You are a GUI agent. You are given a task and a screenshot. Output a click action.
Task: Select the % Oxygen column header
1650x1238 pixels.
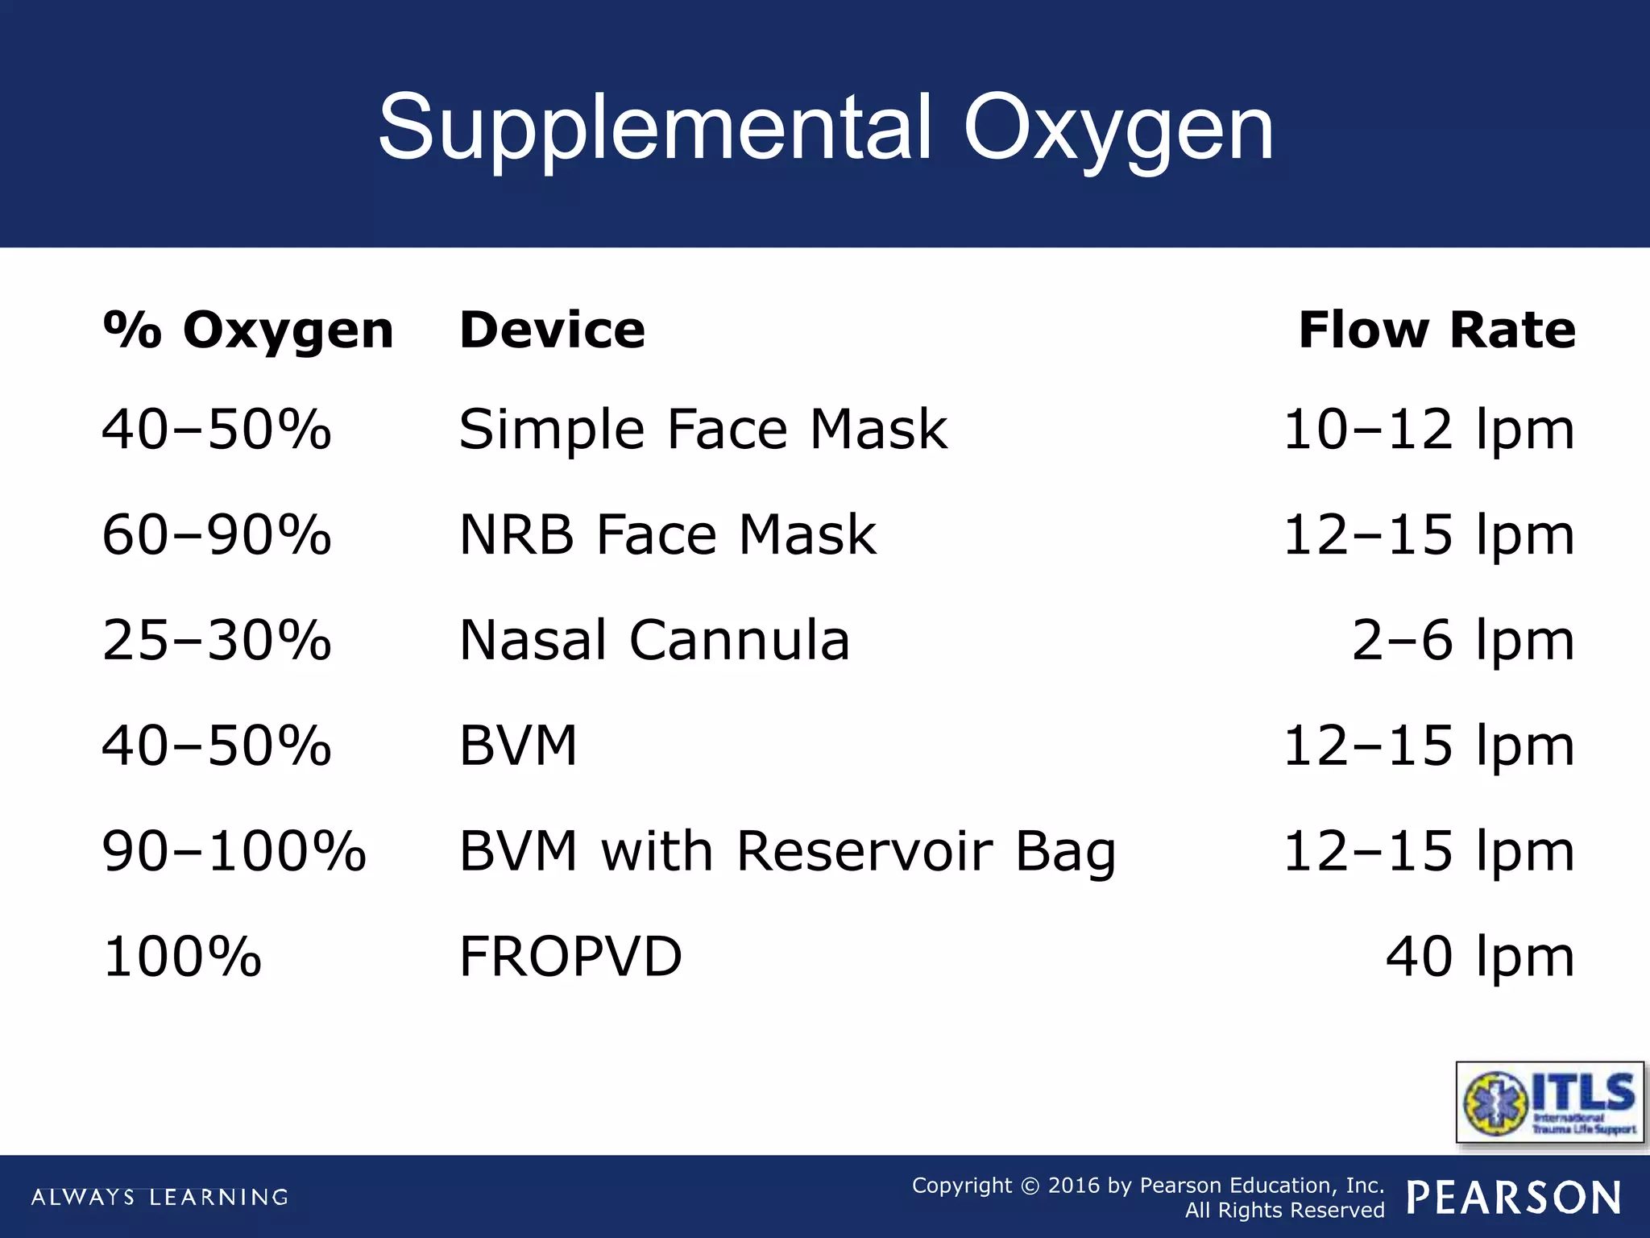point(248,330)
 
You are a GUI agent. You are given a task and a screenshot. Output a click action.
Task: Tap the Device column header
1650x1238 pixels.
point(552,330)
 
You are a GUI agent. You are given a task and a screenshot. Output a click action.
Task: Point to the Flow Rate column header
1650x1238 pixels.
point(1436,330)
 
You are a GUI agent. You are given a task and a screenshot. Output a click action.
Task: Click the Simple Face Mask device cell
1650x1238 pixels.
point(703,429)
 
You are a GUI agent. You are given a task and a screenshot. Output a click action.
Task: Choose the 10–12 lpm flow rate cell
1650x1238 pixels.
point(1428,429)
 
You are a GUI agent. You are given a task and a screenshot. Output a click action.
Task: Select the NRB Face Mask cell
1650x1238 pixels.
point(667,534)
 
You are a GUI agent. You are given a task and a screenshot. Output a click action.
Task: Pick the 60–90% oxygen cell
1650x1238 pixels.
point(217,534)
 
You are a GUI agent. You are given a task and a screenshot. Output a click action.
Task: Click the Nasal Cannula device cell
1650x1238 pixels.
point(654,640)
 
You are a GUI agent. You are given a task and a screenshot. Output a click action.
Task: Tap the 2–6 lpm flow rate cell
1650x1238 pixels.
point(1462,640)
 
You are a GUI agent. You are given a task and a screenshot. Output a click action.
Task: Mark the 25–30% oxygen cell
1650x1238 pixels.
point(217,640)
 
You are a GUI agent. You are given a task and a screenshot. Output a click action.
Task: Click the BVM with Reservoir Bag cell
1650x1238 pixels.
point(787,851)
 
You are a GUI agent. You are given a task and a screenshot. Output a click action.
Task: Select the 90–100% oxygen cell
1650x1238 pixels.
point(234,851)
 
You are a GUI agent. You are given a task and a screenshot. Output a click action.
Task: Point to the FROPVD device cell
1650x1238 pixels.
point(570,957)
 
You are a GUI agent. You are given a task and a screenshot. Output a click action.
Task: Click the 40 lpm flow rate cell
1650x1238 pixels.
point(1479,957)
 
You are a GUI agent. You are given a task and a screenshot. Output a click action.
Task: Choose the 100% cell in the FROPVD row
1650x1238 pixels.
point(182,957)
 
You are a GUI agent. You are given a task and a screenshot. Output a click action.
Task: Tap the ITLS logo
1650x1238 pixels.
point(1549,1102)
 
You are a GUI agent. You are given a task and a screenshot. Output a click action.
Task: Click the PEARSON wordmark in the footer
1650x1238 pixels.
point(1514,1197)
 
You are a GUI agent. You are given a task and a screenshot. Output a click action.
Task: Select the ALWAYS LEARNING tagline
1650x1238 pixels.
point(160,1197)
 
